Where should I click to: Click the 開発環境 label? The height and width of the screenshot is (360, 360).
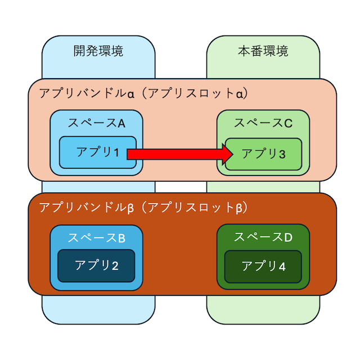(x=98, y=52)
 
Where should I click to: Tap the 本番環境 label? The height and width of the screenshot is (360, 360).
(x=263, y=52)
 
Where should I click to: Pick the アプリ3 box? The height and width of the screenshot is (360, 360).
(x=264, y=154)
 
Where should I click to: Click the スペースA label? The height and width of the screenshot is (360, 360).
(x=96, y=123)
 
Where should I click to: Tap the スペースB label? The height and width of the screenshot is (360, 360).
(x=96, y=237)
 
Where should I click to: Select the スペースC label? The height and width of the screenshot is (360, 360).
(x=263, y=123)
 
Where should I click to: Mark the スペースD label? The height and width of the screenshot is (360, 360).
(x=263, y=237)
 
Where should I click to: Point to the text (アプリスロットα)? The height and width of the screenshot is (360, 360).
(x=194, y=93)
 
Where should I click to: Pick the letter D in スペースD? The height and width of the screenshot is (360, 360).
(x=288, y=237)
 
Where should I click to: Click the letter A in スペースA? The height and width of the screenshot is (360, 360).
(x=120, y=123)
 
